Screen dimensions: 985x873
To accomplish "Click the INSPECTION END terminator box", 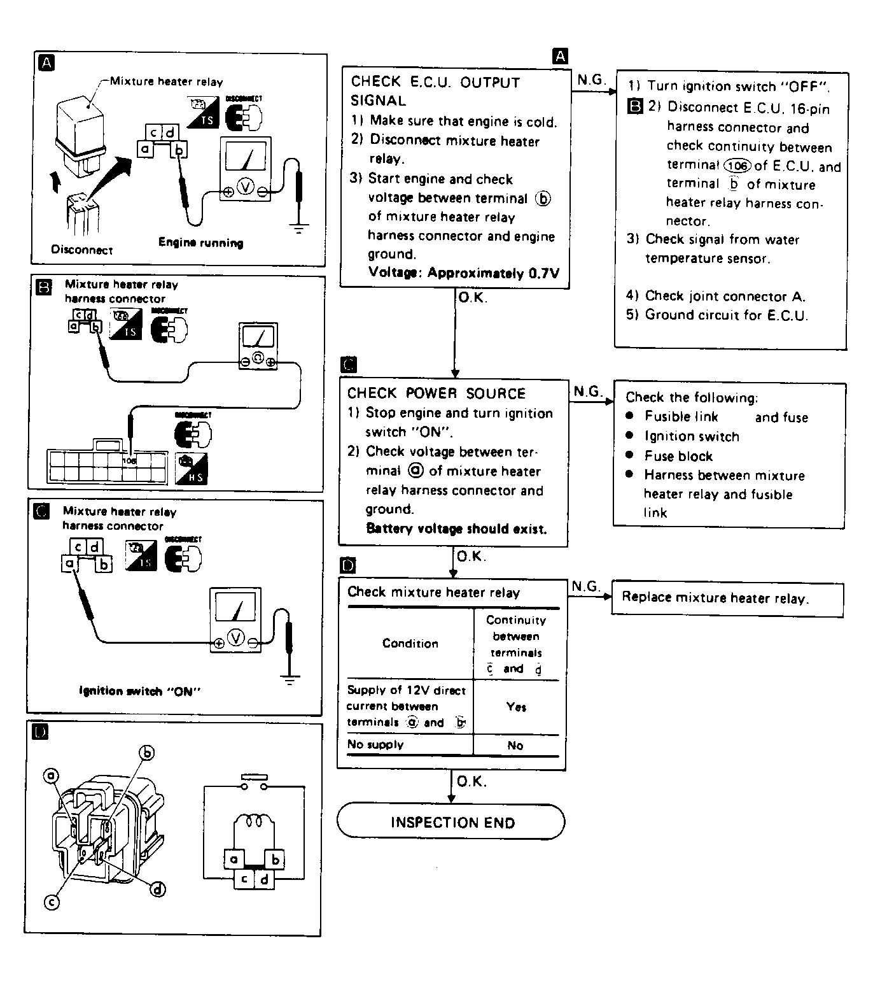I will pos(450,822).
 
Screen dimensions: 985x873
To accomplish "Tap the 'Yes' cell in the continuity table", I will pos(516,707).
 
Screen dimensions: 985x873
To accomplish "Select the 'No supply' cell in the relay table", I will pos(375,744).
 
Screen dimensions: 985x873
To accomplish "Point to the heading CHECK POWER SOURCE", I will pos(437,393).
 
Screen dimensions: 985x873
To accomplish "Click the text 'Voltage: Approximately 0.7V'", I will pos(464,273).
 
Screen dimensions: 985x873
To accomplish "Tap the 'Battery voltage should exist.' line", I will pos(456,528).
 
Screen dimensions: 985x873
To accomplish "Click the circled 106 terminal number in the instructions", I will pos(737,166).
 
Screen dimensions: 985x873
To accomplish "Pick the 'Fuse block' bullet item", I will pos(678,456).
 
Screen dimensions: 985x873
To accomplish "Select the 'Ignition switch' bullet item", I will pos(692,437).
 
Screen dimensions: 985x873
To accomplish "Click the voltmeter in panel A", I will pos(246,169).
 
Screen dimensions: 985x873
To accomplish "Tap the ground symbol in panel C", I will pos(290,679).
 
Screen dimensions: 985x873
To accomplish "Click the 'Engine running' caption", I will pos(200,243).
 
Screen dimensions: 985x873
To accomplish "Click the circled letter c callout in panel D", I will pos(52,902).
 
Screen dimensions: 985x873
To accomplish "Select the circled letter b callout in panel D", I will pos(147,753).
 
